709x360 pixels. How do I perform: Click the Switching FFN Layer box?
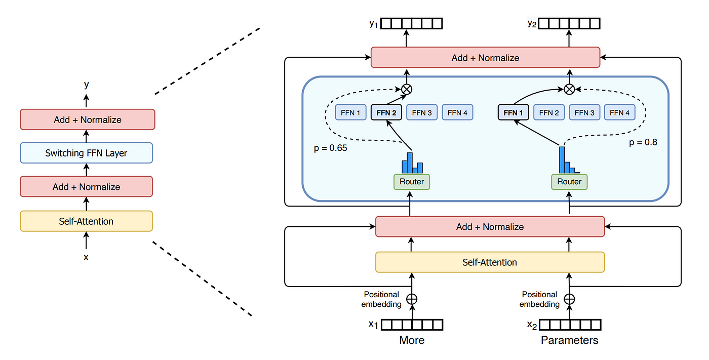coord(87,153)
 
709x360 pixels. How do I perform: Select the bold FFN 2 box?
coord(386,112)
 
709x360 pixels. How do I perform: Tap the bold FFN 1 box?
coord(513,112)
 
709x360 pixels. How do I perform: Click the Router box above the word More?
coord(411,182)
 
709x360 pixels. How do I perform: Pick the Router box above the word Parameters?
coord(569,182)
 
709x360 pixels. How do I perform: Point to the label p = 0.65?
coord(330,148)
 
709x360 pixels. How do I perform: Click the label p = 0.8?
coord(643,142)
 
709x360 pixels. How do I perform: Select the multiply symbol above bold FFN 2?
coord(407,90)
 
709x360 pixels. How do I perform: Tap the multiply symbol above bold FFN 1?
coord(569,90)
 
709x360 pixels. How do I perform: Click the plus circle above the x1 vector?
coord(412,299)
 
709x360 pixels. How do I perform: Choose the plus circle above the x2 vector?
coord(569,299)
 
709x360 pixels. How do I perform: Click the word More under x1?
coord(412,340)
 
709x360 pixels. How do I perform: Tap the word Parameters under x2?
coord(569,340)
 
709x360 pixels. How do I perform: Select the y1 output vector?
coord(411,23)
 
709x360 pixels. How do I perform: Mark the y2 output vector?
coord(569,23)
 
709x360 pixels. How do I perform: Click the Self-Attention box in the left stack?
coord(87,221)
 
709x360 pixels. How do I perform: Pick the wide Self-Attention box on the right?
coord(490,262)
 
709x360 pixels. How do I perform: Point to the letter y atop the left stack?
coord(87,85)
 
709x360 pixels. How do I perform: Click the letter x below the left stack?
coord(86,257)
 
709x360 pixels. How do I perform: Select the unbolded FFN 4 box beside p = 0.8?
coord(619,112)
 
